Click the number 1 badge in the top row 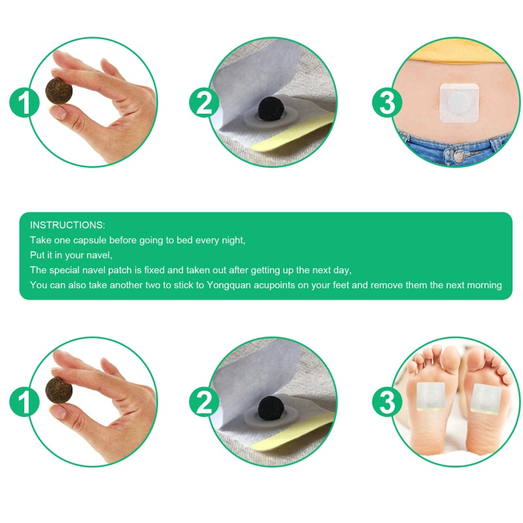click(24, 102)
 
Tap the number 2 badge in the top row click(204, 102)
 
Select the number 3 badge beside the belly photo click(387, 102)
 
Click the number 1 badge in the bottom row click(24, 401)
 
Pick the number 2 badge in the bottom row click(204, 401)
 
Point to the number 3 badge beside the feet click(387, 401)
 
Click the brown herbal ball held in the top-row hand click(59, 91)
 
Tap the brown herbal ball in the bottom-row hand click(59, 390)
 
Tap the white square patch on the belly click(460, 103)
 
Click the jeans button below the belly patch click(459, 155)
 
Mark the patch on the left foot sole click(431, 397)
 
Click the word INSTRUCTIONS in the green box click(67, 225)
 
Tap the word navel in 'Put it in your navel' click(101, 255)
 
